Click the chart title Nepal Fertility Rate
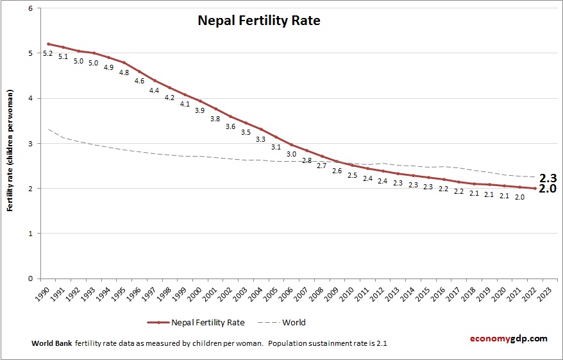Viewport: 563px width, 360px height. coord(258,21)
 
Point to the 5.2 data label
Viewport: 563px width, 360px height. coord(47,53)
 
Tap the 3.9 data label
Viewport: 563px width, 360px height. coord(200,110)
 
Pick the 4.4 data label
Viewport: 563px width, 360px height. coord(154,90)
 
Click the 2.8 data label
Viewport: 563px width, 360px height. coord(307,160)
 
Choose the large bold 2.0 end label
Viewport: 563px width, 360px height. coord(546,190)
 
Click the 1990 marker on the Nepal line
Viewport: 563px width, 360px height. coord(48,44)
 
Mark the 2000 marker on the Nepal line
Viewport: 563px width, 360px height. coord(200,101)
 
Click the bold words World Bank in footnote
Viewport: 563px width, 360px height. coord(51,343)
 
